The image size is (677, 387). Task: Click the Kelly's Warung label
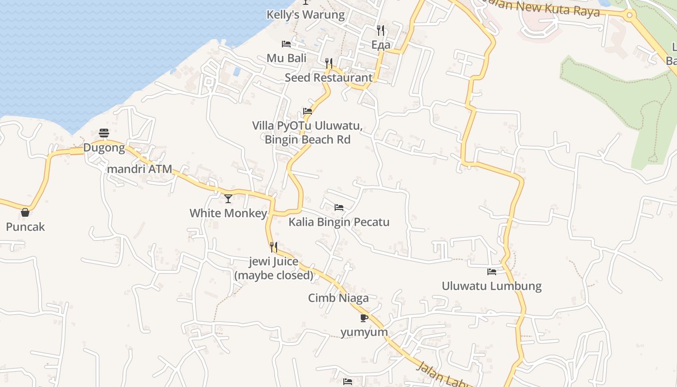[x=306, y=15]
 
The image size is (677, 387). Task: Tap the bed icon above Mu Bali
[x=286, y=44]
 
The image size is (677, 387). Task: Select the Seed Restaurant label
[x=328, y=77]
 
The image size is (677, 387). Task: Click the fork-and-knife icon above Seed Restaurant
[x=329, y=63]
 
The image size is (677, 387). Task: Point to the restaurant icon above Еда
[x=381, y=30]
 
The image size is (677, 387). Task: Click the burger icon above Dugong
[x=104, y=133]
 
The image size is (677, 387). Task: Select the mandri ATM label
[x=139, y=169]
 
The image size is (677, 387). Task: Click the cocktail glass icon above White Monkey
[x=228, y=198]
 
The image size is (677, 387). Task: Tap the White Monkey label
[x=228, y=213]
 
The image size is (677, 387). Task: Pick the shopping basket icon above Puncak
[x=25, y=212]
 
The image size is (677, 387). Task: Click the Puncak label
[x=25, y=226]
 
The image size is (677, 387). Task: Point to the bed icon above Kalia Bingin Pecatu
[x=339, y=208]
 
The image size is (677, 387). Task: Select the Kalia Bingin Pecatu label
[x=339, y=223]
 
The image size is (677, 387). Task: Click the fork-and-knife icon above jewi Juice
[x=274, y=247]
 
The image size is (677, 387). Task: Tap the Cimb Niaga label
[x=338, y=298]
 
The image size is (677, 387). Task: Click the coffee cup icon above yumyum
[x=364, y=318]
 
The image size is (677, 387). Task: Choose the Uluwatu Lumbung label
[x=491, y=286]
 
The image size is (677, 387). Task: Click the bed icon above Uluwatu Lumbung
[x=492, y=271]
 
